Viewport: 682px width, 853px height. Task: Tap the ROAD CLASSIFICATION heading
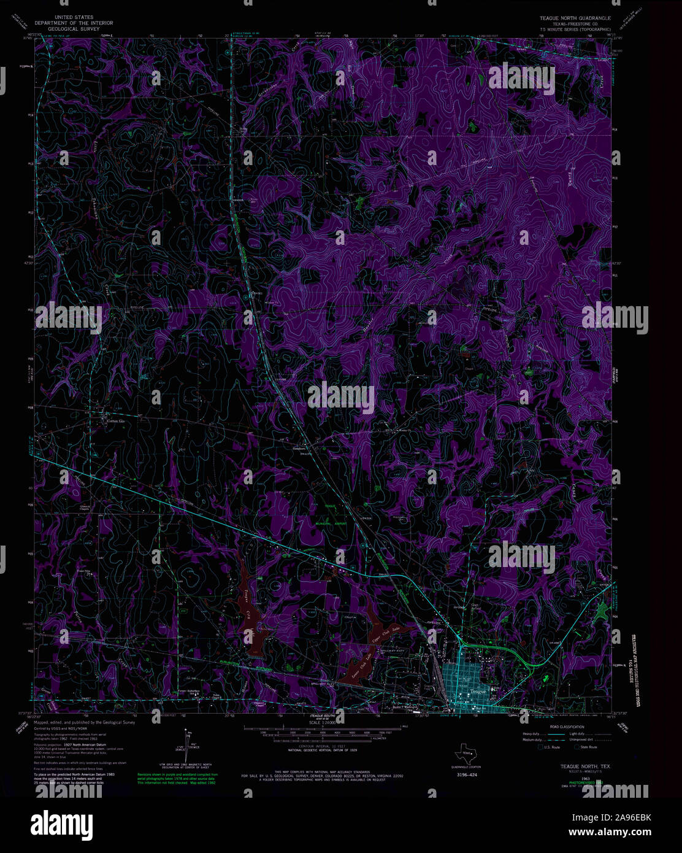pos(555,725)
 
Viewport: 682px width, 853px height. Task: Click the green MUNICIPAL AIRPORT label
pos(332,524)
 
